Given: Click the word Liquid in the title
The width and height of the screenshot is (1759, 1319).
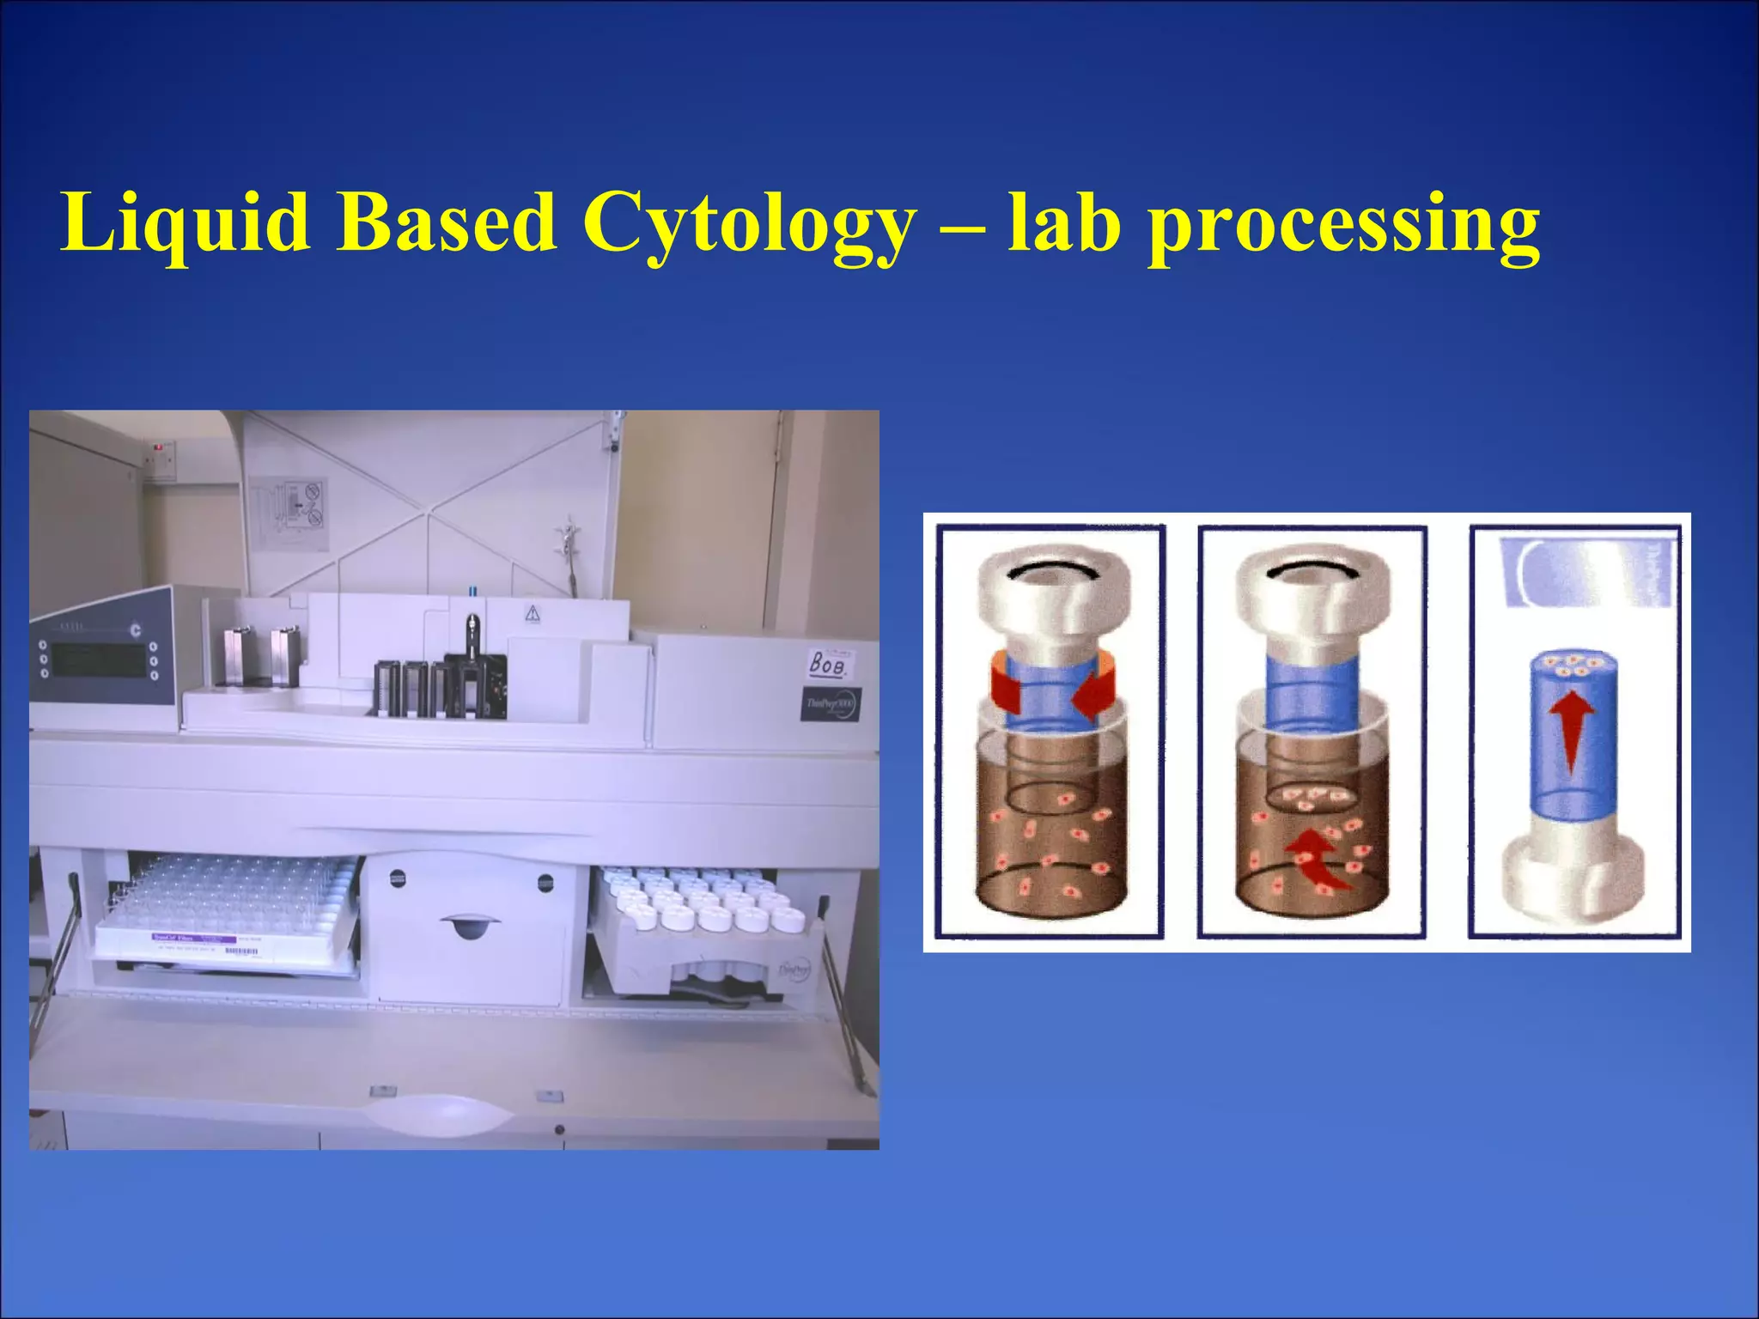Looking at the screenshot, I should pos(185,223).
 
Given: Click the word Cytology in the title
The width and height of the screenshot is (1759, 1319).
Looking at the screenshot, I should pos(747,223).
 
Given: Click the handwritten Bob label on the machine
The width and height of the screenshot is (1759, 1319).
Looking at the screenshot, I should pos(829,663).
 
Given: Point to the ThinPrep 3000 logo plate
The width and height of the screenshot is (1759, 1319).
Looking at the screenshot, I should pos(831,704).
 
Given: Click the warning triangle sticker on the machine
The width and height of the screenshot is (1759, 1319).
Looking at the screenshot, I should pos(533,613).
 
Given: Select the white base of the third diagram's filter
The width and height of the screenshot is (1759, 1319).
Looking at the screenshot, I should pos(1573,880).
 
